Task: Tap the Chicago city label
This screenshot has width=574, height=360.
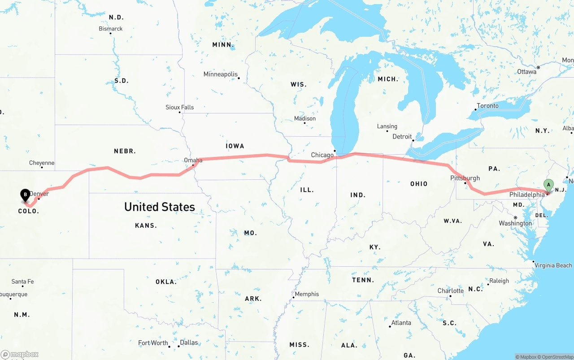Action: pyautogui.click(x=322, y=155)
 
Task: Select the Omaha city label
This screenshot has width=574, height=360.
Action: pyautogui.click(x=193, y=160)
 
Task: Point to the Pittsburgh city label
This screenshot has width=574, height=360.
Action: pyautogui.click(x=465, y=178)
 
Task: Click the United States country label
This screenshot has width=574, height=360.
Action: pyautogui.click(x=159, y=207)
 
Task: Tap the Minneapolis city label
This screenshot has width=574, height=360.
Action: pyautogui.click(x=220, y=74)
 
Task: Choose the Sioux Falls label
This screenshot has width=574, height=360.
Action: pyautogui.click(x=179, y=107)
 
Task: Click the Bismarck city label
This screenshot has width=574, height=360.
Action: pyautogui.click(x=110, y=29)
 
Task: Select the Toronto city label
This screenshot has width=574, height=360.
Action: pyautogui.click(x=487, y=106)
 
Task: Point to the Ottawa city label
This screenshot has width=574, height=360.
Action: pyautogui.click(x=526, y=72)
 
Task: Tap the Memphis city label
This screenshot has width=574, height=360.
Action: pyautogui.click(x=307, y=294)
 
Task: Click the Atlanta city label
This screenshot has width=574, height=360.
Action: pyautogui.click(x=401, y=323)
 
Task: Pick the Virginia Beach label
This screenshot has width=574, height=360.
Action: pyautogui.click(x=553, y=265)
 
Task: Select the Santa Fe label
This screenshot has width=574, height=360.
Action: pyautogui.click(x=22, y=282)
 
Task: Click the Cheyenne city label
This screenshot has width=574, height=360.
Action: pyautogui.click(x=42, y=163)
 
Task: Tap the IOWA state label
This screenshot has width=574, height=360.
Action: pyautogui.click(x=235, y=146)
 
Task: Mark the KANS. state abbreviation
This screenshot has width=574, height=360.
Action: pyautogui.click(x=146, y=226)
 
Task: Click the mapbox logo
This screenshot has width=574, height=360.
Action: pyautogui.click(x=20, y=354)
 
